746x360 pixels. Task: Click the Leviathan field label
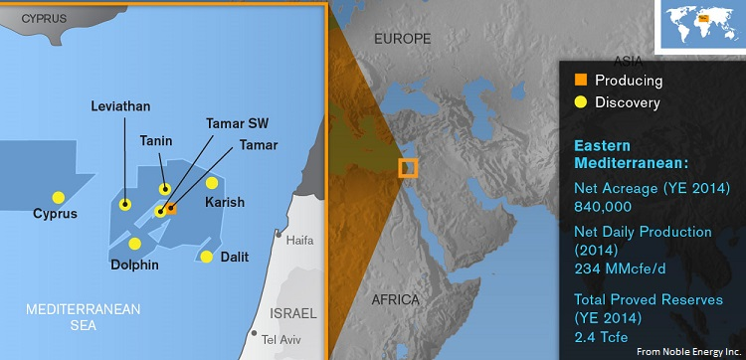(120, 105)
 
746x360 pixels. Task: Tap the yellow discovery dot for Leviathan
(125, 205)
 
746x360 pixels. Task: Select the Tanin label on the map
(157, 141)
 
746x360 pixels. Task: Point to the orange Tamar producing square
(171, 209)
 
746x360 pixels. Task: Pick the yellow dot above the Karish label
(212, 183)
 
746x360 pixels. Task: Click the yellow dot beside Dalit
(206, 257)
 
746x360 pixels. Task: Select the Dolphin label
(135, 266)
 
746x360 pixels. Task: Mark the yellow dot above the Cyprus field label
(59, 197)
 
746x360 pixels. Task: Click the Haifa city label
(298, 241)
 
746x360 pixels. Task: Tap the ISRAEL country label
(293, 312)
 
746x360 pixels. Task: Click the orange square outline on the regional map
(408, 168)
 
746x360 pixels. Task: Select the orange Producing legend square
(581, 80)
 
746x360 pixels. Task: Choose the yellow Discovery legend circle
(581, 102)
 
